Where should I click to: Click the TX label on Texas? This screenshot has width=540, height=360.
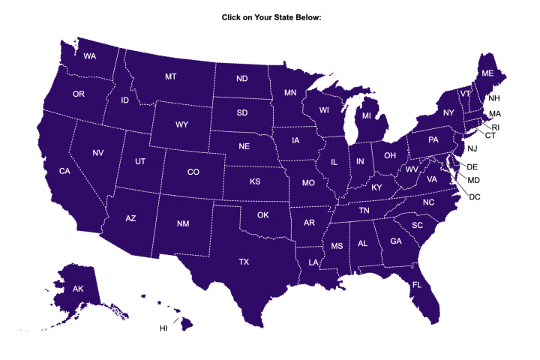tap(244, 262)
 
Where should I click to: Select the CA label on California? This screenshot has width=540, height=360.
tap(65, 172)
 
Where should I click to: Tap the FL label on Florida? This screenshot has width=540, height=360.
tap(417, 285)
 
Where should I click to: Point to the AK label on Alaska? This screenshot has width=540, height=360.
tap(78, 289)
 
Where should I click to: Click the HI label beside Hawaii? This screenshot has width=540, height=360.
tap(163, 328)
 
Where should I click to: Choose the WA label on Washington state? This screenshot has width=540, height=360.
tap(89, 56)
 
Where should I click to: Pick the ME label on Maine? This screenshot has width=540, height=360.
tap(487, 73)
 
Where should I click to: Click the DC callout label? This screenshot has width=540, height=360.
tap(474, 196)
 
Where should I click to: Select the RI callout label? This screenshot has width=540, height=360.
tap(496, 127)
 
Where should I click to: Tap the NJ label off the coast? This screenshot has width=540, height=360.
tap(472, 148)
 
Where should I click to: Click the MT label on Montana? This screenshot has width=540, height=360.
tap(171, 77)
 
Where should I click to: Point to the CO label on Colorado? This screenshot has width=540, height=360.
tap(193, 172)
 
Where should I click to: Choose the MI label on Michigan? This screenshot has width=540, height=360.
tap(367, 116)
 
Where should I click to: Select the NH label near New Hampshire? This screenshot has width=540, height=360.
tap(494, 98)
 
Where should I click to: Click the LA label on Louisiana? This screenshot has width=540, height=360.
tap(313, 262)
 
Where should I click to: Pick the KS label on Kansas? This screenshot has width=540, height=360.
tap(255, 181)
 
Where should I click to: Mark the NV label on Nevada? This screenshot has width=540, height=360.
tap(98, 153)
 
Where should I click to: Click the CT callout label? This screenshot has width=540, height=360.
tap(490, 136)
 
